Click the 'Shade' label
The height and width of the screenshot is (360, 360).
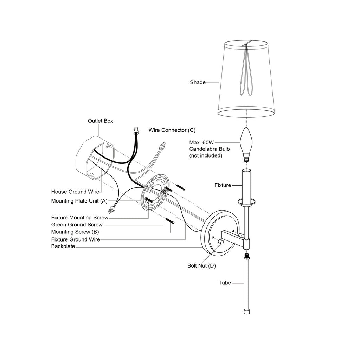[x=198, y=82]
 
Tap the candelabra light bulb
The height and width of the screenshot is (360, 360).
[x=246, y=144]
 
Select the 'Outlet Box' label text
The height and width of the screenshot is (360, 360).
[x=100, y=121]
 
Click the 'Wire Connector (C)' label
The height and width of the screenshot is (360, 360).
[x=172, y=130]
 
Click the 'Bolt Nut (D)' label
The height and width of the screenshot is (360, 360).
[x=201, y=266]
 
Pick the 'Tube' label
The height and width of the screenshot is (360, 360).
[x=225, y=283]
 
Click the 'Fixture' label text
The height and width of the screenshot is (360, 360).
[x=223, y=185]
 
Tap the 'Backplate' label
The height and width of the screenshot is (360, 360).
[x=63, y=246]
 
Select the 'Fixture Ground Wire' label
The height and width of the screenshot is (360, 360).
[x=76, y=239]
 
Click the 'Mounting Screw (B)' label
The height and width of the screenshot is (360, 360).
[x=75, y=232]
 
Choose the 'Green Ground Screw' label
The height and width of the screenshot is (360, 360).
[x=77, y=225]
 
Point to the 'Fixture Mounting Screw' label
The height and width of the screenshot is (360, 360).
[x=80, y=217]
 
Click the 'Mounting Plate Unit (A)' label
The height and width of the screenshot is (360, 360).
[x=79, y=201]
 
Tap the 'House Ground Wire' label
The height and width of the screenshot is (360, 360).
[x=75, y=192]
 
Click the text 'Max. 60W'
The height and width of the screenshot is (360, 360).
[x=201, y=142]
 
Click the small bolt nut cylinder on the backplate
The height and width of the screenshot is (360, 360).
[x=221, y=242]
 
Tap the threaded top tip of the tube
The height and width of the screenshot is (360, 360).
[x=247, y=255]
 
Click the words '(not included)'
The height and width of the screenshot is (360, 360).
[x=206, y=155]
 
